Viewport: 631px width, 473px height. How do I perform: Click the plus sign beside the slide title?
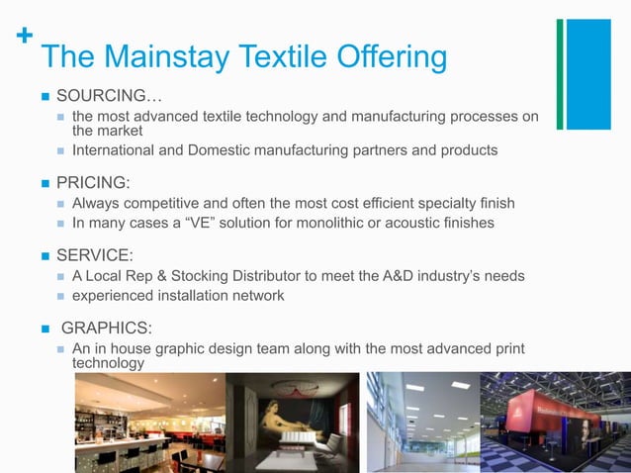(25, 36)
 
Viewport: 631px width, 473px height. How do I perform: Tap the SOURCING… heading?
(109, 96)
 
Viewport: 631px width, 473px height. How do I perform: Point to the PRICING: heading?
(93, 182)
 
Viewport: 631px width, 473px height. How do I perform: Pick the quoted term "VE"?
(209, 224)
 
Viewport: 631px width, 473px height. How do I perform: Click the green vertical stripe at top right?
(560, 74)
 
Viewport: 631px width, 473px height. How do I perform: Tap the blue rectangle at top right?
(588, 74)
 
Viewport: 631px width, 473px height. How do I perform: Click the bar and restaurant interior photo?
(148, 423)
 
